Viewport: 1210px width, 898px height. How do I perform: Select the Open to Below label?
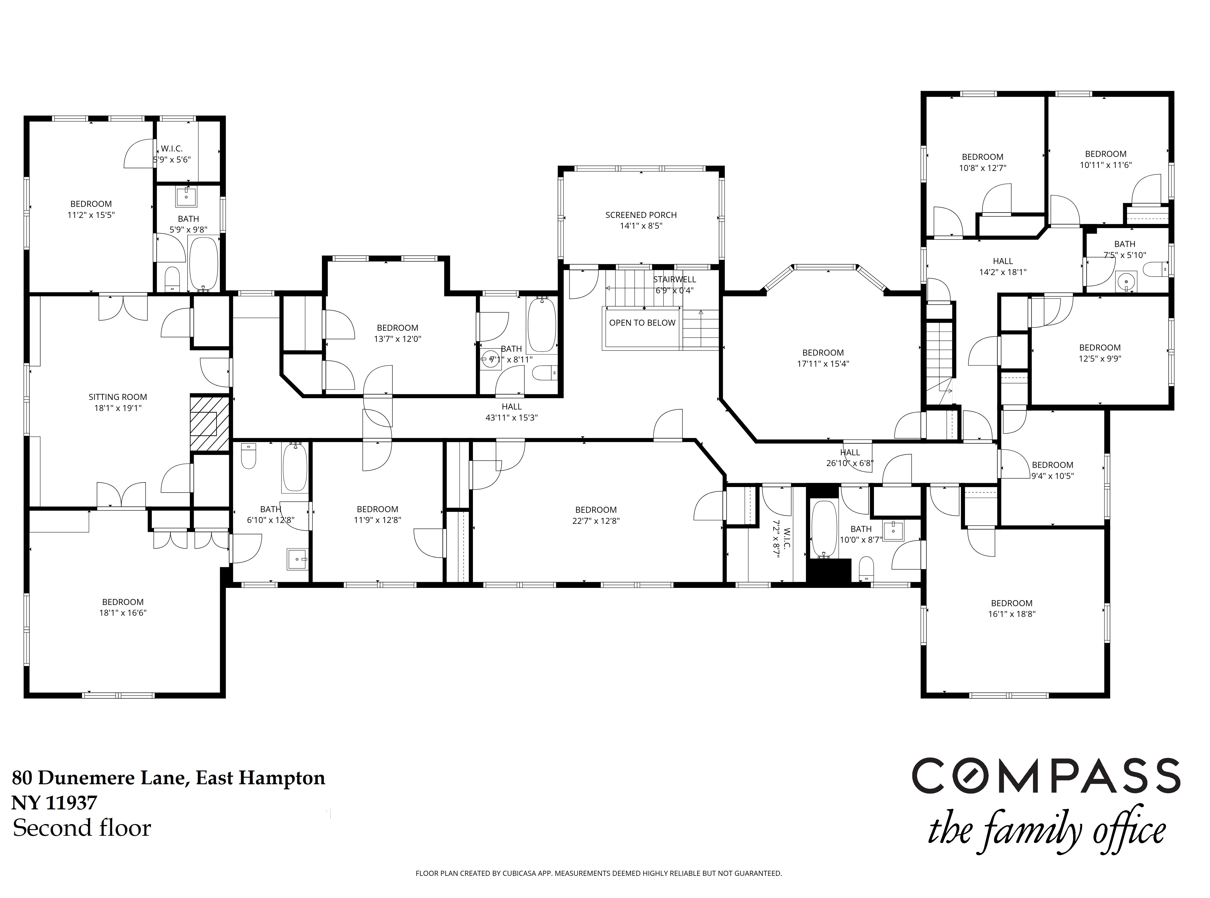click(642, 323)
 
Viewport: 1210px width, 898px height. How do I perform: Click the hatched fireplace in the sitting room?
click(209, 423)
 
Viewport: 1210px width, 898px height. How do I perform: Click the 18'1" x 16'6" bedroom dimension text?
click(122, 613)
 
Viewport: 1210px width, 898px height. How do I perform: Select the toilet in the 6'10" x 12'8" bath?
click(248, 456)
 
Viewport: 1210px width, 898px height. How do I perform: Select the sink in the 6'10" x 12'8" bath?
click(297, 558)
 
